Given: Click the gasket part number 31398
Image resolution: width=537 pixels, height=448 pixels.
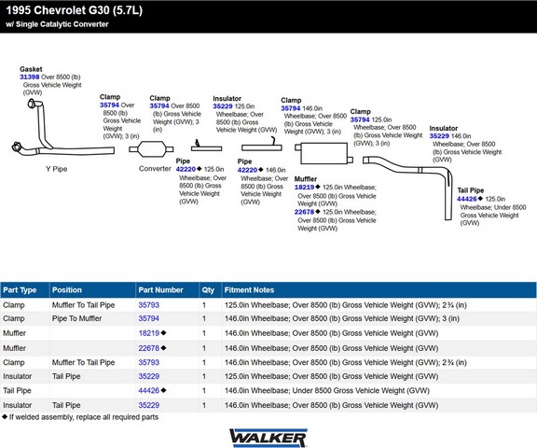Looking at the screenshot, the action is click(30, 77).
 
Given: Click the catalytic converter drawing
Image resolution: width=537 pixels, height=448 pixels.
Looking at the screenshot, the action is click(151, 149).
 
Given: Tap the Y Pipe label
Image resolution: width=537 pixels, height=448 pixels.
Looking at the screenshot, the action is click(57, 169).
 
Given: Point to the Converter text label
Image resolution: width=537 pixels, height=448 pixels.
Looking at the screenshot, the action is click(155, 169).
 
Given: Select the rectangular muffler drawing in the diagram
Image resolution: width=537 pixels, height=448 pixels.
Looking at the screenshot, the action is click(324, 153).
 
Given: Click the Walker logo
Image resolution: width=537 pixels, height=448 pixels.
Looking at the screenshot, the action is click(268, 438).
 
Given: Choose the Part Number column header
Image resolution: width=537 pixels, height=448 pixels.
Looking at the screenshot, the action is click(160, 290).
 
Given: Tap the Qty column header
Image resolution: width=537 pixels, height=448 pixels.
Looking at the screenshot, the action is click(208, 290).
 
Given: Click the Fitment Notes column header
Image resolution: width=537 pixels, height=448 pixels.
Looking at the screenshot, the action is click(249, 290).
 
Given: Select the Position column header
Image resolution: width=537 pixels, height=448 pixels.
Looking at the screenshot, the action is click(67, 290).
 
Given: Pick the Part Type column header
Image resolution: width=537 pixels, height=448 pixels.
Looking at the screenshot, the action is click(20, 290).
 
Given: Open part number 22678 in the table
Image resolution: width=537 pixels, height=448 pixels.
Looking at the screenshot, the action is click(148, 348).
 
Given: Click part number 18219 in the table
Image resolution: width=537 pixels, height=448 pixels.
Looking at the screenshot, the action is click(148, 333).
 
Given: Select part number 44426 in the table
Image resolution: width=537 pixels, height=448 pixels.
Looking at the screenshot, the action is click(148, 390).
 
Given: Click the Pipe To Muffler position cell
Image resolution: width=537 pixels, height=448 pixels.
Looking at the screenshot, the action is click(76, 318).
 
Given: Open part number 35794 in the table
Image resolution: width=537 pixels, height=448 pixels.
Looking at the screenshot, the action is click(148, 318).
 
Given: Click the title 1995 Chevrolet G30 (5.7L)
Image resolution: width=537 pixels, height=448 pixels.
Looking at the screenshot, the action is click(74, 10).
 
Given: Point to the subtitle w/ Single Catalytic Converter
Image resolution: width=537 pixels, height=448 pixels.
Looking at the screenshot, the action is click(57, 24).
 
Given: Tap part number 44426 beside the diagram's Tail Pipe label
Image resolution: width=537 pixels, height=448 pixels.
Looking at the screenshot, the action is click(466, 199).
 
